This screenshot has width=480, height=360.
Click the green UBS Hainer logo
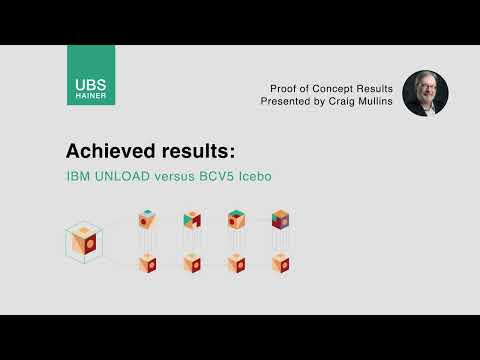pos(91,76)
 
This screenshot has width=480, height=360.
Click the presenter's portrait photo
pos(425,93)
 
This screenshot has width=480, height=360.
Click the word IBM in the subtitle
pos(78,177)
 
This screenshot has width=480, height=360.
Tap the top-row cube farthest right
pos(280,220)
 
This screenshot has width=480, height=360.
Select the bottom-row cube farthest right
pos(280,263)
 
